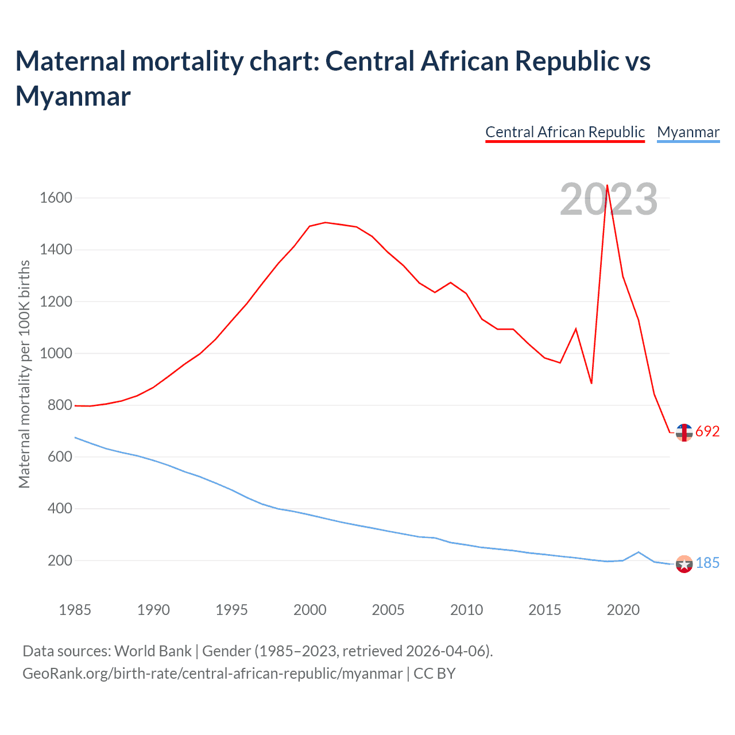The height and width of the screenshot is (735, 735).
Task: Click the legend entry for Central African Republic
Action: coord(565,132)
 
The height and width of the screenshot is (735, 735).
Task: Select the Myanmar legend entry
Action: coord(688,132)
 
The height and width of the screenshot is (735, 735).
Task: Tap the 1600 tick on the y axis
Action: coord(56,198)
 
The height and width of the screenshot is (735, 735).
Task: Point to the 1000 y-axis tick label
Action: coord(56,353)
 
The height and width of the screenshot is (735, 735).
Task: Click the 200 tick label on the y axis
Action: coord(60,560)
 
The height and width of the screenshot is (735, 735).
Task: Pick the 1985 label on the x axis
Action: coord(75,610)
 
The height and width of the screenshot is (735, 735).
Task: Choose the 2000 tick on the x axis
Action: coord(310,610)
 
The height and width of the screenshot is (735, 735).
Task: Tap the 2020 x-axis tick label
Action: coord(623,610)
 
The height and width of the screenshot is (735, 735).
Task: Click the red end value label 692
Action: coord(707,431)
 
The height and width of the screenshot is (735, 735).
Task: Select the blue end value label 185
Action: coord(707,563)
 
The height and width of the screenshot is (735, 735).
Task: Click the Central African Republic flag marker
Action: coord(684,432)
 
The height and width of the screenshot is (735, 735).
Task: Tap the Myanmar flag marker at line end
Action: coord(684,564)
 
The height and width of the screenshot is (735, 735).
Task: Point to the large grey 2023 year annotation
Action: coord(609,199)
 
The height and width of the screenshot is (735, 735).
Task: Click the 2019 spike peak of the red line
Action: coord(607,185)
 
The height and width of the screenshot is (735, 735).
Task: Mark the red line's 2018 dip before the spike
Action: coord(591,383)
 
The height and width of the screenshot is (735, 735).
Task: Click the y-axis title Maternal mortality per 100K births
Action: coord(24,374)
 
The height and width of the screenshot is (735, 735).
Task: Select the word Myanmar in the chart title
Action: coord(73,96)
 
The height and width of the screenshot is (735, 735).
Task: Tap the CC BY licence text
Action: coord(435,673)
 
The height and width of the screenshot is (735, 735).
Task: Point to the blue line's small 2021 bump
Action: coord(639,552)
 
